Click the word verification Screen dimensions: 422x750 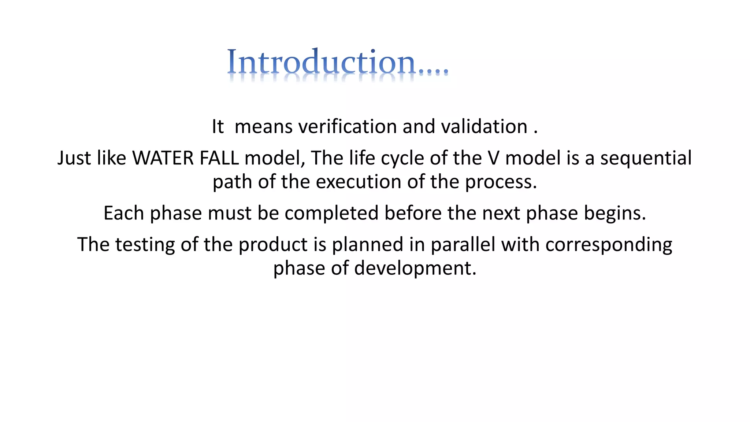click(348, 127)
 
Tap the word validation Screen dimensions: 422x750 click(484, 127)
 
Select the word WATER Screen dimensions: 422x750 click(163, 158)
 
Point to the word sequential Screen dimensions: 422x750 click(646, 158)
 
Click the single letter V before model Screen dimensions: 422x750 click(493, 158)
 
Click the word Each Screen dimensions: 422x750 click(124, 213)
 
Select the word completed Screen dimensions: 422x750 click(331, 213)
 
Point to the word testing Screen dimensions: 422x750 click(145, 245)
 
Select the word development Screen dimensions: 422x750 click(415, 268)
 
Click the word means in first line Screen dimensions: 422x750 click(263, 127)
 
